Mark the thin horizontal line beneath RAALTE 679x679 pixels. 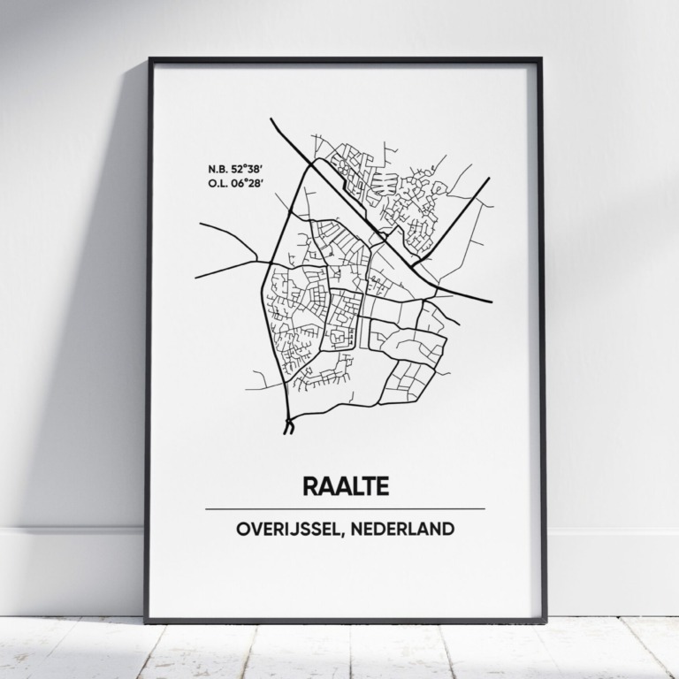[345, 509]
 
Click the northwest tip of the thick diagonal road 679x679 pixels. [271, 119]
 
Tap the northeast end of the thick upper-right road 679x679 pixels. [489, 179]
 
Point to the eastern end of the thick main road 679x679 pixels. [492, 301]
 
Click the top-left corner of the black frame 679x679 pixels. [149, 59]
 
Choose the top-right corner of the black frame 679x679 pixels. [541, 59]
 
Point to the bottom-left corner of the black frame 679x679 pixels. [147, 622]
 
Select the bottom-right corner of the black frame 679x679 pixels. [545, 622]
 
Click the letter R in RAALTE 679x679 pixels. [309, 485]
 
